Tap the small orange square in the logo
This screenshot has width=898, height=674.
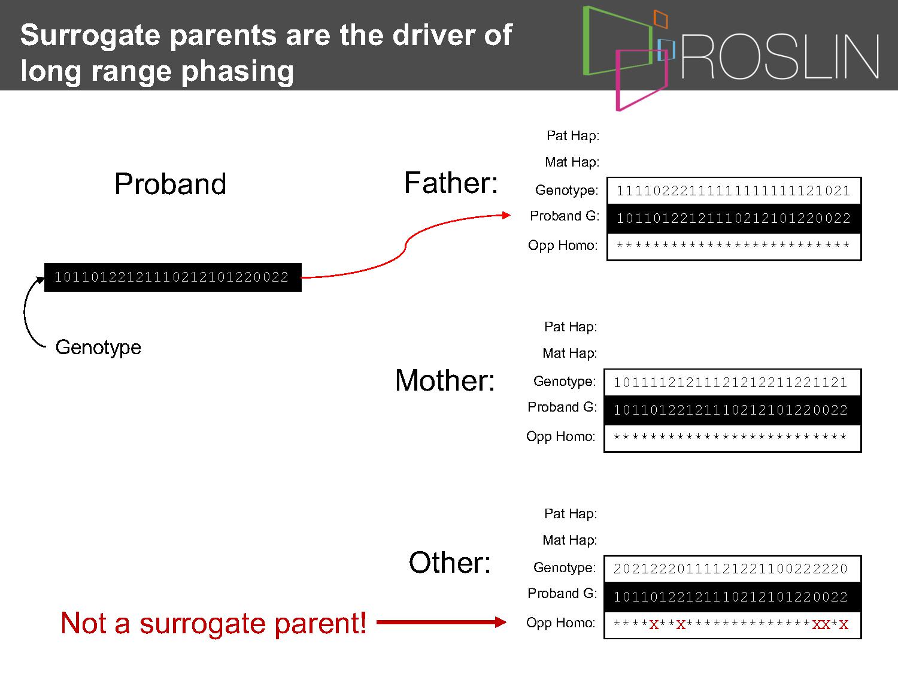(660, 19)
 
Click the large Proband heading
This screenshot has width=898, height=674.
(170, 184)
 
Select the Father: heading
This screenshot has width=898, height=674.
(451, 183)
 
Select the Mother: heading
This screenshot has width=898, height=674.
(445, 380)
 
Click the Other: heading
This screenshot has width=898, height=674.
(450, 563)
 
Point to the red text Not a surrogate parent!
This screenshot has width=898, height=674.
(213, 623)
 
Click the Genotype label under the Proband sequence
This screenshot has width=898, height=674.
(98, 347)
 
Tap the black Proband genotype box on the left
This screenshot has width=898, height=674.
(172, 277)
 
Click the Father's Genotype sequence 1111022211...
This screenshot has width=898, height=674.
(733, 191)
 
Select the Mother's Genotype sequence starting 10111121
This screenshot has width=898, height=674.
(731, 383)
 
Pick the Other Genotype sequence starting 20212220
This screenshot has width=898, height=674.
(731, 569)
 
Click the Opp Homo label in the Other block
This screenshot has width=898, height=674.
(560, 623)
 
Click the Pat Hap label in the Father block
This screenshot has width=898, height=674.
(573, 135)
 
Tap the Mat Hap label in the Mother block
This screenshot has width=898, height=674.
(569, 353)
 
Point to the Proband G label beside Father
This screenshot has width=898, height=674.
(565, 216)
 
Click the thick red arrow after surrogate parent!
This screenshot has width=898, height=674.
(441, 622)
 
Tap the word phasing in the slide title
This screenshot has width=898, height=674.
(237, 72)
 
